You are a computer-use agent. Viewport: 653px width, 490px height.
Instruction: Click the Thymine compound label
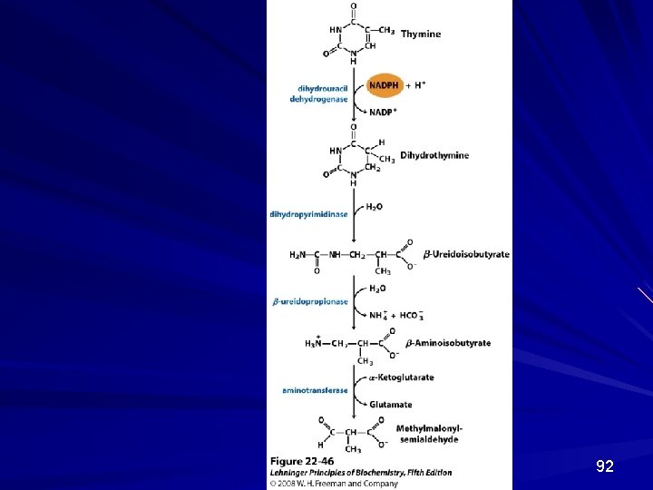422,34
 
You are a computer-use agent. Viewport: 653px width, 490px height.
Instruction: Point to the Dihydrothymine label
434,155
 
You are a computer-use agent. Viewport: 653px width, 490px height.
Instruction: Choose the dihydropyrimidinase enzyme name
308,214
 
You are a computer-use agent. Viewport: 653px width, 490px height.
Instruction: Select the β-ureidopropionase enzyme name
310,301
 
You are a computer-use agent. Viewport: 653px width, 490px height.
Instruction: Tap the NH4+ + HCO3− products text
395,315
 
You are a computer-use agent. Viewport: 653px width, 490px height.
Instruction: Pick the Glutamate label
390,405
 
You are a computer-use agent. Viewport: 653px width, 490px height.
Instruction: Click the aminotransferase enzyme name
314,390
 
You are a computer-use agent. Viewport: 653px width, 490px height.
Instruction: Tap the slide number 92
605,466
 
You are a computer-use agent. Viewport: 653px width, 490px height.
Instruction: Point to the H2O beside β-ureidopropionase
377,289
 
